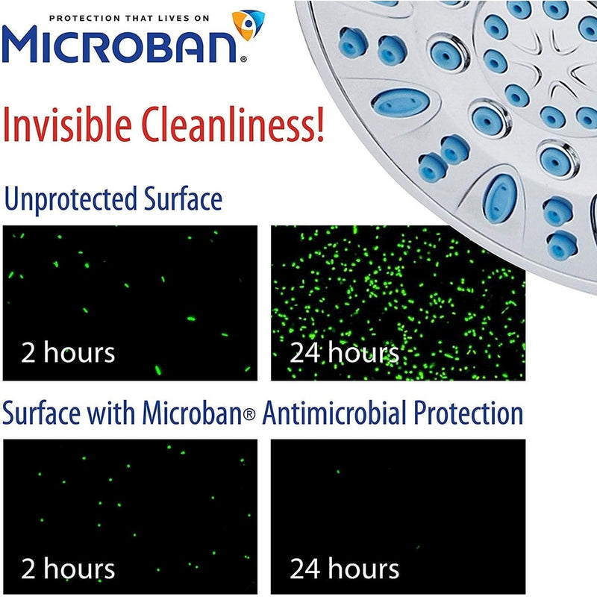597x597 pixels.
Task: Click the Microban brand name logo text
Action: (x=123, y=45)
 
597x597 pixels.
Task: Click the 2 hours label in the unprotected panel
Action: (x=69, y=351)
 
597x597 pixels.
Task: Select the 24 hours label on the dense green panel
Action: (x=344, y=352)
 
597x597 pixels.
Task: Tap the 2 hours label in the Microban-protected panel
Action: (x=69, y=569)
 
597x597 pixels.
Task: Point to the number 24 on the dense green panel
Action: (x=304, y=352)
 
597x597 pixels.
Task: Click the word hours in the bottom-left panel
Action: (x=80, y=569)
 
